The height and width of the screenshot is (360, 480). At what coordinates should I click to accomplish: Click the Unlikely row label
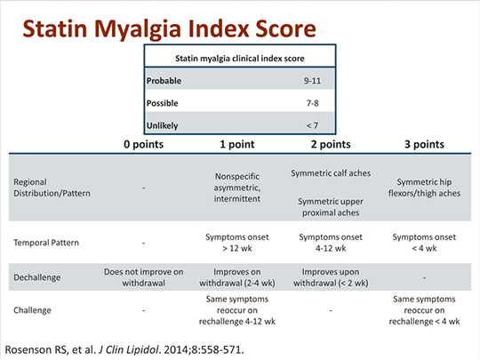[x=164, y=125]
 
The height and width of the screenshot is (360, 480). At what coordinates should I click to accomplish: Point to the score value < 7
[x=314, y=125]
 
